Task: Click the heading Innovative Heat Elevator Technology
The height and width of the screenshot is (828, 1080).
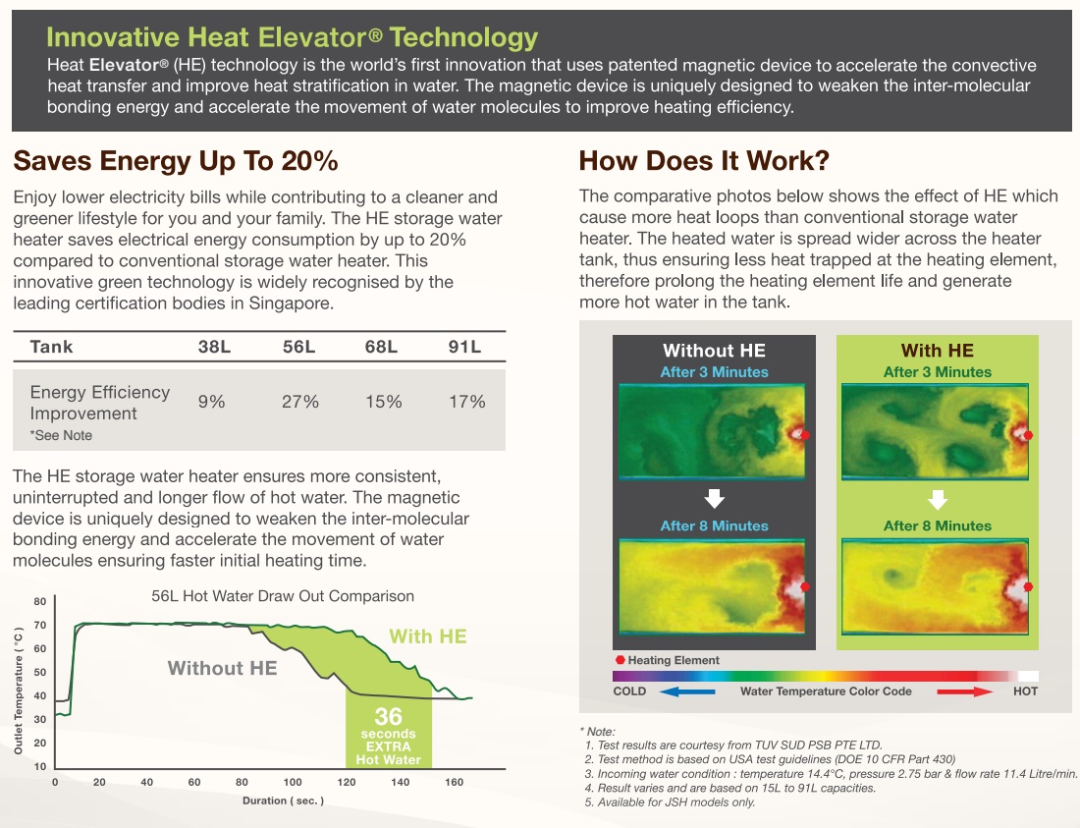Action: click(292, 38)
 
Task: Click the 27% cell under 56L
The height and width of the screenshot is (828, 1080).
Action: click(300, 402)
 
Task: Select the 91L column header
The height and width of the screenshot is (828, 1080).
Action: click(464, 347)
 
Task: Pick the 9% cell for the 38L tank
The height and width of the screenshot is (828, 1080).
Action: click(211, 402)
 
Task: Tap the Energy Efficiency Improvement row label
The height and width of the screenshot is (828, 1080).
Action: click(99, 403)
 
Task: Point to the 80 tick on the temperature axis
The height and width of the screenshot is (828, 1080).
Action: click(40, 602)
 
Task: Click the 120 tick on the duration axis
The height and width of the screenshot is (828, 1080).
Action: click(346, 782)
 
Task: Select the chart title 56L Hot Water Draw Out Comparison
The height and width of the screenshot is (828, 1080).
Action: click(283, 596)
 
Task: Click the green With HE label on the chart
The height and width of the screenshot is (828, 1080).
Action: click(428, 636)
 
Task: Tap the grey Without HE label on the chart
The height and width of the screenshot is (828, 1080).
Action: click(222, 669)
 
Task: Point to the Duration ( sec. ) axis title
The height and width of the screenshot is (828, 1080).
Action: click(283, 800)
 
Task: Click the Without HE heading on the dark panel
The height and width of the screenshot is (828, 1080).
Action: click(714, 351)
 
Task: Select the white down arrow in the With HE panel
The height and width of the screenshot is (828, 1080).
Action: click(938, 500)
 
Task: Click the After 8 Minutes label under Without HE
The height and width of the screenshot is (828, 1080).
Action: click(714, 525)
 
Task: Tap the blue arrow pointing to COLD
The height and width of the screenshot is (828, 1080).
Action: click(686, 691)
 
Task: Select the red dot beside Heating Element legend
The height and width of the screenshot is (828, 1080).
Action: click(620, 660)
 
